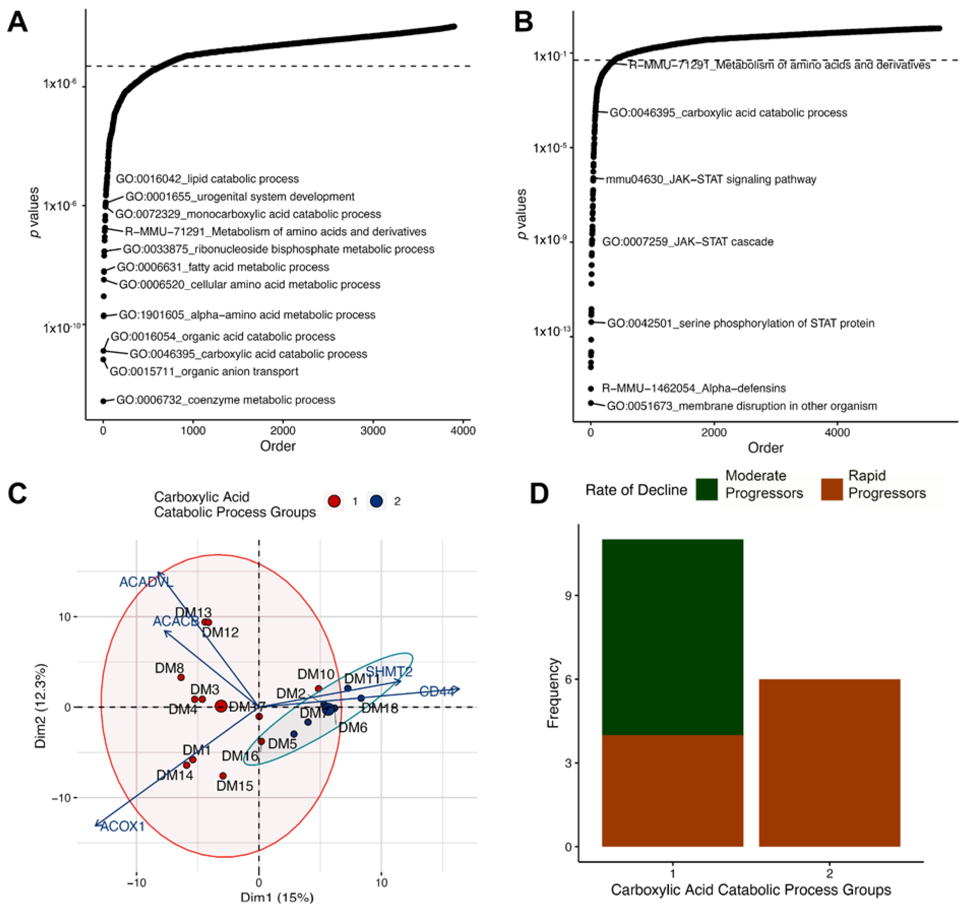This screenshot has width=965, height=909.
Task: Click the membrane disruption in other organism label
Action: pos(742,406)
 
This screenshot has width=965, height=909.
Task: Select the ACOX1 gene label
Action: pos(122,826)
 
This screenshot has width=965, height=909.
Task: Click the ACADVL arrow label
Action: pos(146,582)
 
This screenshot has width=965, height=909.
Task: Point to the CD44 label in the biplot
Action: pos(437,691)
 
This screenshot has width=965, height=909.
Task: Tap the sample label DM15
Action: pos(235,786)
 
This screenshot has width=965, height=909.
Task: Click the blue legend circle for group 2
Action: pos(377,501)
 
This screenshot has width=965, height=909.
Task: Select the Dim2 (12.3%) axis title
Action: pos(41,706)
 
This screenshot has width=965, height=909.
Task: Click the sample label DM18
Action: pos(380,709)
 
